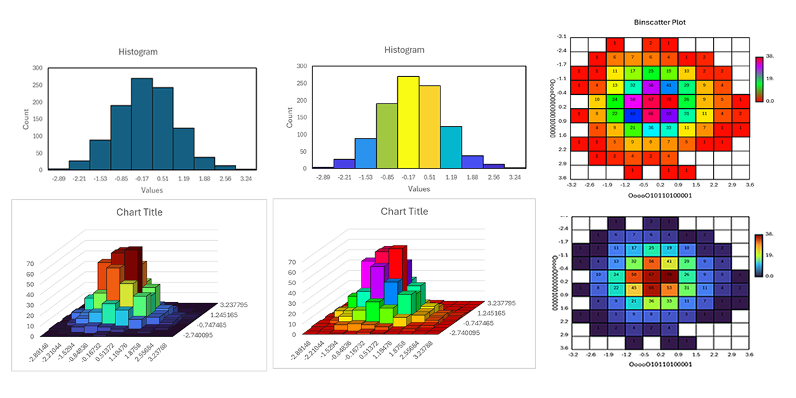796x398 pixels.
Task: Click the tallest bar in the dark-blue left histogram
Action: pyautogui.click(x=142, y=125)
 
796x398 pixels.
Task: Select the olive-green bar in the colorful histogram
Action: pyautogui.click(x=387, y=136)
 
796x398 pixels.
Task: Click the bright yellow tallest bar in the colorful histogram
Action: pyautogui.click(x=408, y=123)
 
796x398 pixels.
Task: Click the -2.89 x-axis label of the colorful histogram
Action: pyautogui.click(x=323, y=178)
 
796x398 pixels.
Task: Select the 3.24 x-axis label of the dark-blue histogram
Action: pyautogui.click(x=246, y=179)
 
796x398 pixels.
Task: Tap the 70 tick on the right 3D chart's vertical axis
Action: pyautogui.click(x=293, y=261)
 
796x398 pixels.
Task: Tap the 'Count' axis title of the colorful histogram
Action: pyautogui.click(x=289, y=117)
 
